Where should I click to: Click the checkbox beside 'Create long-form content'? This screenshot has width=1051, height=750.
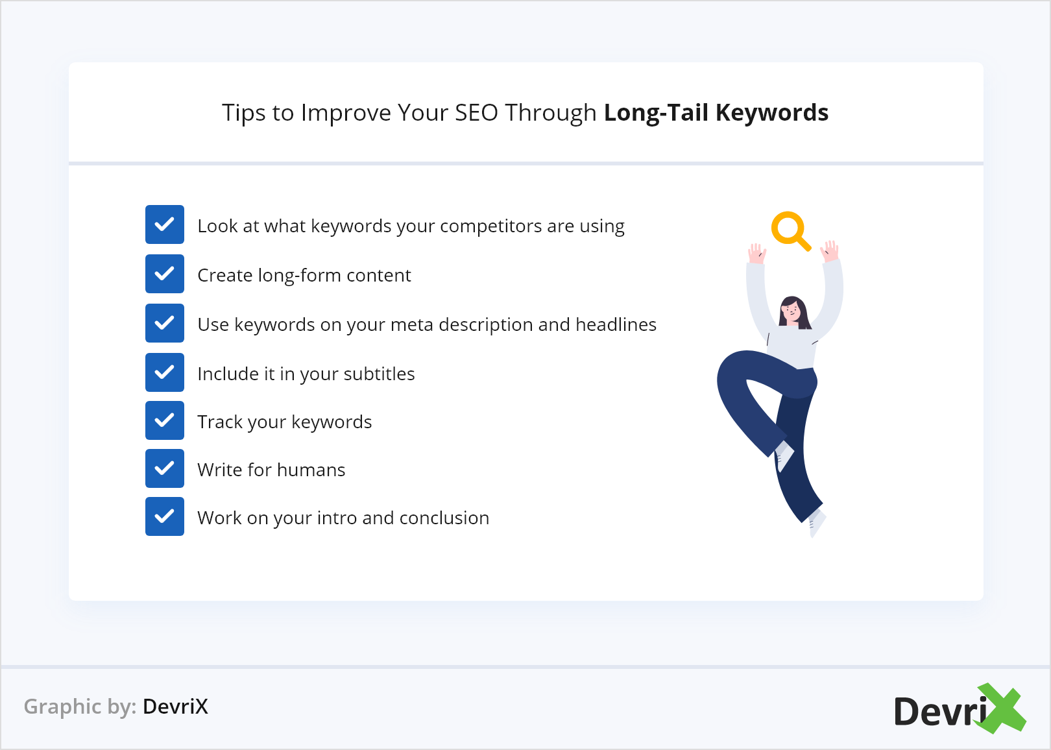(164, 274)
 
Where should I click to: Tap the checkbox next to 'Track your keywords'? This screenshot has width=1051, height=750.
(164, 420)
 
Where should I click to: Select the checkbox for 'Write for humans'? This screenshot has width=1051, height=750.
(164, 468)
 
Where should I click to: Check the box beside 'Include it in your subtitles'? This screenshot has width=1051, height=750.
(164, 372)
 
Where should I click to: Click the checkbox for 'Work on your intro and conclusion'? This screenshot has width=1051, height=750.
(164, 516)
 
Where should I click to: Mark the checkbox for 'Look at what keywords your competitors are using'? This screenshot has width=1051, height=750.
(164, 224)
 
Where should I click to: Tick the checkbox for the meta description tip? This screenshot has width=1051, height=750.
(164, 323)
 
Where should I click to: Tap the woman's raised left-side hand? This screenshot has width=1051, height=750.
(757, 254)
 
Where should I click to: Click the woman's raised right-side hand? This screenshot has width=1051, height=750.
(830, 251)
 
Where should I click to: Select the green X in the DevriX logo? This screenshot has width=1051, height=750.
(1000, 708)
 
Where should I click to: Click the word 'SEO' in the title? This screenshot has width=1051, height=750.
(476, 113)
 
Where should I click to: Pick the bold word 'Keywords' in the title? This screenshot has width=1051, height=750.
(772, 113)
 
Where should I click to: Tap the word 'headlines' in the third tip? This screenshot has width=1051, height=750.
(616, 324)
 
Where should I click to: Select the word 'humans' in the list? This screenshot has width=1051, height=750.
(311, 470)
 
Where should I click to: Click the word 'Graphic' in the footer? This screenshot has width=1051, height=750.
(62, 707)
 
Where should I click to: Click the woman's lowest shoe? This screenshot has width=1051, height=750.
(816, 522)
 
